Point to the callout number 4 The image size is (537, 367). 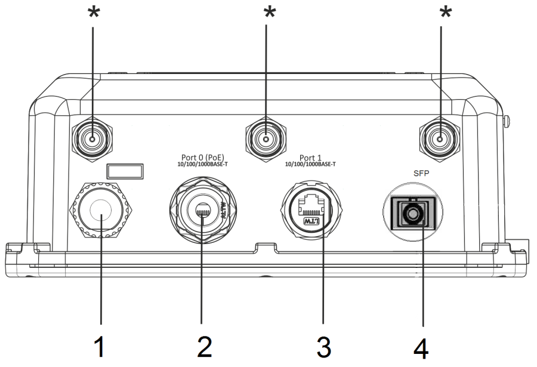coord(422,347)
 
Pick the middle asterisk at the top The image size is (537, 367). coord(270,13)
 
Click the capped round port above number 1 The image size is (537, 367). coord(103,214)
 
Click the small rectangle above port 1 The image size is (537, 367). coord(125,171)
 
